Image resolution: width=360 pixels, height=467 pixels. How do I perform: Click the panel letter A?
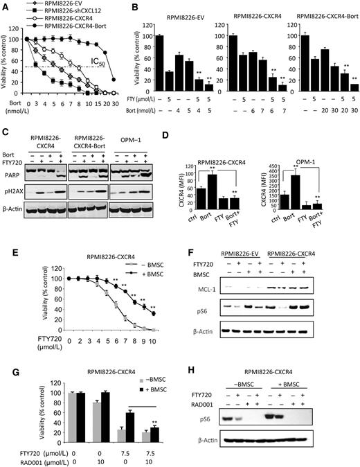6,6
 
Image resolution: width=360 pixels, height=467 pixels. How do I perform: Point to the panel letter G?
6,355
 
